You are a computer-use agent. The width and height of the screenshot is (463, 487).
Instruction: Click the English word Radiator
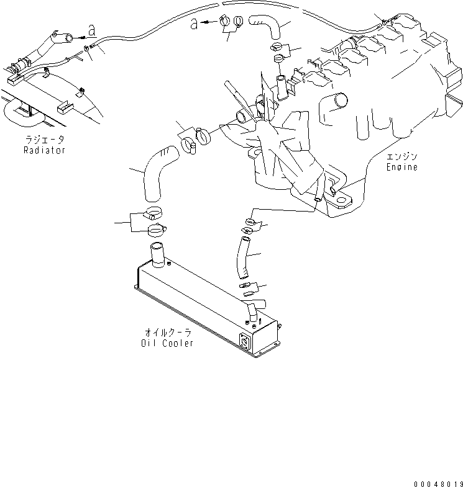[44, 150]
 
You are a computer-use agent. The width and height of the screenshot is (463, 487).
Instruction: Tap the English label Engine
[401, 167]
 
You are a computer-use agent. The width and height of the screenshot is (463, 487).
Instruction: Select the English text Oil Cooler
[167, 343]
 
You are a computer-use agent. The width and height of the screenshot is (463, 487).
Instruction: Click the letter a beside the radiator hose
[92, 30]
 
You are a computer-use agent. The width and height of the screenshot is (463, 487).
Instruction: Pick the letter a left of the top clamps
[195, 24]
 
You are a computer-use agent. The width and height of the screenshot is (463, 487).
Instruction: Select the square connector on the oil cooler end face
[245, 341]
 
